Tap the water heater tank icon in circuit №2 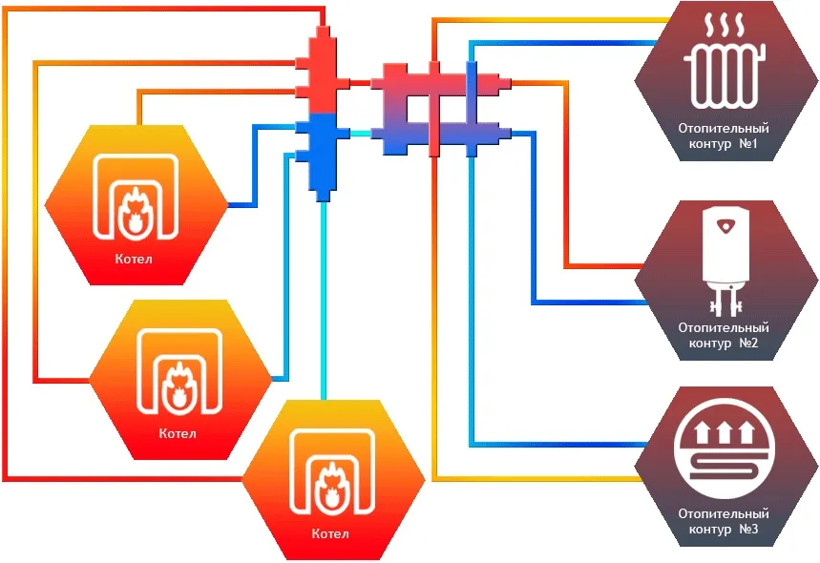(x=725, y=261)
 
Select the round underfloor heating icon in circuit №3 (x=724, y=448)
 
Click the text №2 (x=748, y=343)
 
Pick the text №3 (x=748, y=529)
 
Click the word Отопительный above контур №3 (x=724, y=513)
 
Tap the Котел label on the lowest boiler (x=330, y=533)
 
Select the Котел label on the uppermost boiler (x=134, y=259)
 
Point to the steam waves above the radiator (x=725, y=25)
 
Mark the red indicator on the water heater (x=725, y=226)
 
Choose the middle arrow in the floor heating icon (x=724, y=432)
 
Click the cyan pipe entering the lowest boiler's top (x=324, y=301)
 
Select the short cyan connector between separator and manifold (x=360, y=134)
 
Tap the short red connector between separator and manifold (x=360, y=83)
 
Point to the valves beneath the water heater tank (x=725, y=303)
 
